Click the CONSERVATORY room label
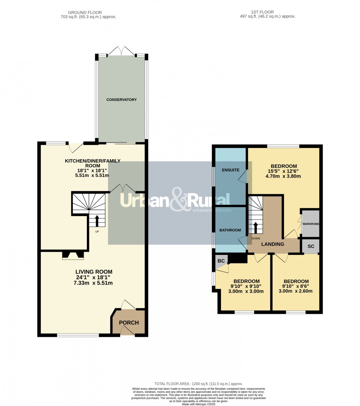121,100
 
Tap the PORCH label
129,323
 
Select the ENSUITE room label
230,170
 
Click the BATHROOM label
230,230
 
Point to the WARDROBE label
311,224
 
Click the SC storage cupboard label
311,246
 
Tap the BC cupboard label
221,261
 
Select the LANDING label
272,244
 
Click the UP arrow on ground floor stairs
97,221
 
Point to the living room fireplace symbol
73,255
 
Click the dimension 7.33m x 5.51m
94,283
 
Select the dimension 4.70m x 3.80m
283,176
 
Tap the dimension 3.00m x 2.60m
295,291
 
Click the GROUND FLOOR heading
88,12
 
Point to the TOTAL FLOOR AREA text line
198,384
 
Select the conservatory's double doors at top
121,52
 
